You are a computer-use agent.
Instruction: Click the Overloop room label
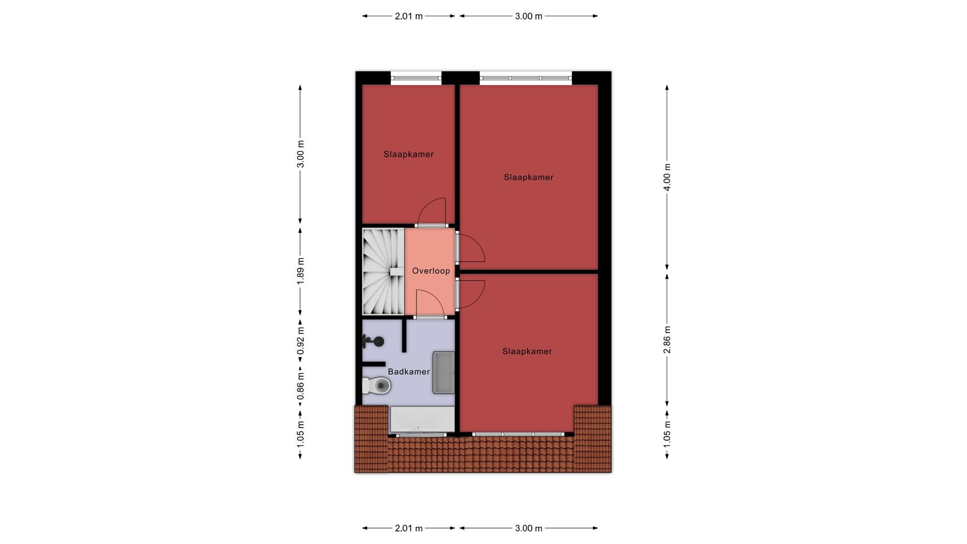coord(431,271)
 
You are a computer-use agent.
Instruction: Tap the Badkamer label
coord(409,372)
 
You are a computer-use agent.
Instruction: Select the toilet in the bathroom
coord(376,386)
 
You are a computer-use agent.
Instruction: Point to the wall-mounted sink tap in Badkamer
coord(373,342)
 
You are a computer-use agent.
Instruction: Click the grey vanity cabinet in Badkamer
coord(444,372)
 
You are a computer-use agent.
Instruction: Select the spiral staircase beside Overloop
coord(383,271)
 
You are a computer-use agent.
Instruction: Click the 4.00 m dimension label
coord(667,177)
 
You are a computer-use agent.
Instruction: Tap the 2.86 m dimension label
coord(667,339)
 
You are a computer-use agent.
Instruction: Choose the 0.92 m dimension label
coord(301,341)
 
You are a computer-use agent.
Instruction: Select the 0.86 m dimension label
coord(301,386)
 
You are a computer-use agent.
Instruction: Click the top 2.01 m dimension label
coord(408,16)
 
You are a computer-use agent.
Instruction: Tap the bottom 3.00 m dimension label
coord(528,528)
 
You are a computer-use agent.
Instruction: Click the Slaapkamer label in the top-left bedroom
coord(408,154)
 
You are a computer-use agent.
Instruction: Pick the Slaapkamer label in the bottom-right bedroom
coord(527,352)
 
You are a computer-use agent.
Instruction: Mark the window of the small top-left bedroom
coord(416,78)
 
